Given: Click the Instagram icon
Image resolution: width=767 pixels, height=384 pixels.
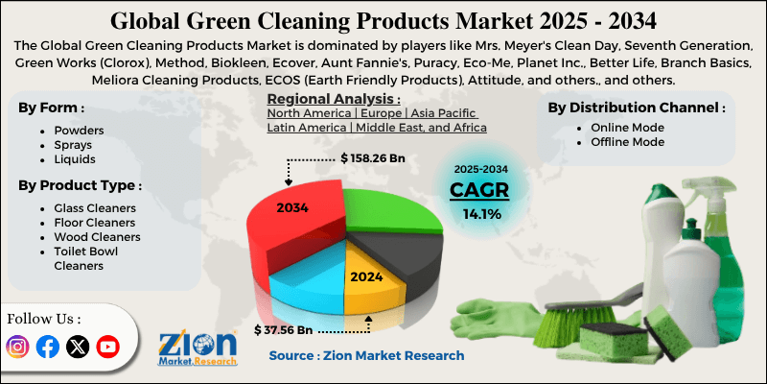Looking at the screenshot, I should click(x=18, y=347).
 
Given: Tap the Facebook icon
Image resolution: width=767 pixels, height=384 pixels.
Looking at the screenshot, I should click(x=47, y=347).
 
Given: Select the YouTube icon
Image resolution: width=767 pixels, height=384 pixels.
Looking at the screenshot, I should click(x=107, y=347).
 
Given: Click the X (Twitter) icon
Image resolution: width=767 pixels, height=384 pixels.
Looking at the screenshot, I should click(x=77, y=347).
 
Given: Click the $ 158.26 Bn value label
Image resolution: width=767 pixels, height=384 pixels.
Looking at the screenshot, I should click(x=373, y=156).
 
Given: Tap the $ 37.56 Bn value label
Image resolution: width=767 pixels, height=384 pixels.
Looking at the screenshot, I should click(x=285, y=329).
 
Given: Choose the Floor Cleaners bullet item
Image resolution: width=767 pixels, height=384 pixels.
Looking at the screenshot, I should click(x=94, y=222).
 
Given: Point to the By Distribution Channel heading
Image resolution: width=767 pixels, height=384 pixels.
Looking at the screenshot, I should click(x=636, y=107).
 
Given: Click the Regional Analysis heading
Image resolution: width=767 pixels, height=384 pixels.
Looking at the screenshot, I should click(x=333, y=99).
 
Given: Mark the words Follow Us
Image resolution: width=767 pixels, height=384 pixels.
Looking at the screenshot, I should click(x=44, y=318).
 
